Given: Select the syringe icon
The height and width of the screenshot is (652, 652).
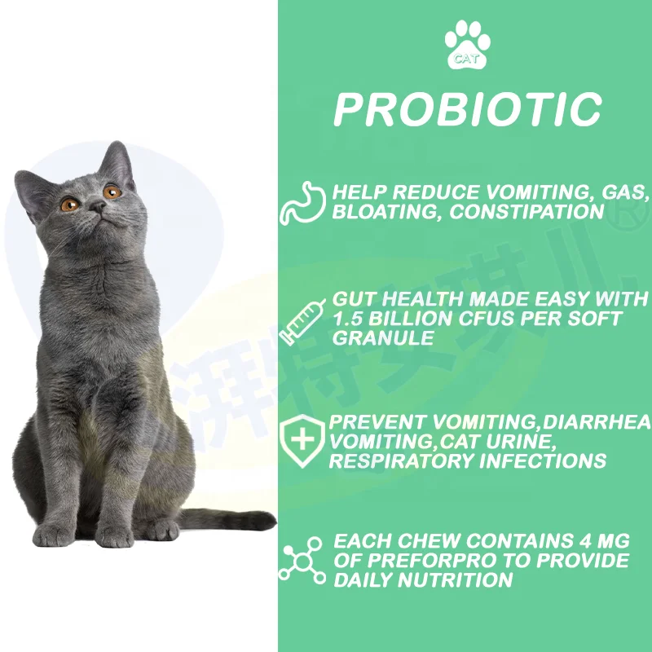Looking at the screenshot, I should (299, 320).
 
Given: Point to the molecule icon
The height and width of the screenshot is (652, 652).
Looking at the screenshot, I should (302, 560).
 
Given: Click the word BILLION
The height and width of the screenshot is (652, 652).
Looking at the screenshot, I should (415, 318).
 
